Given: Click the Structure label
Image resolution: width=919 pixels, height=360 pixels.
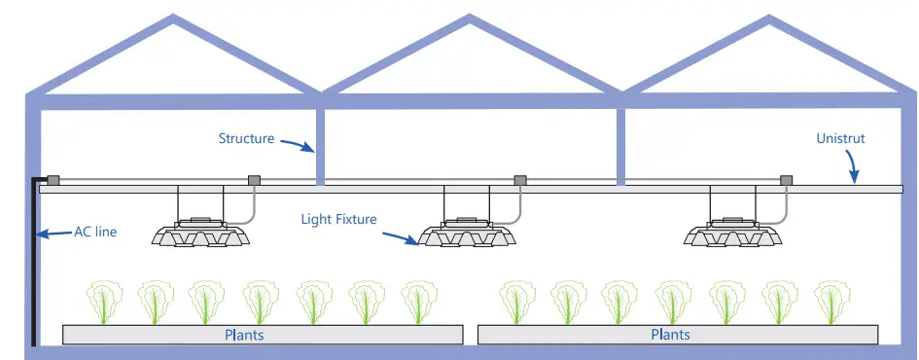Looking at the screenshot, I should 246,138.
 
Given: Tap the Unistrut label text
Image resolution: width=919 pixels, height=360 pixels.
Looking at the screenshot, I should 840,139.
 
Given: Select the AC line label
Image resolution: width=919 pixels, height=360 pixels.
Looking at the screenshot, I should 95,233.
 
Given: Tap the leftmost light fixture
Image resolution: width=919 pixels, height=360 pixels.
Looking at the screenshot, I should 200,233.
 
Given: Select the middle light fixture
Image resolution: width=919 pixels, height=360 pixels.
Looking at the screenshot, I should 467,234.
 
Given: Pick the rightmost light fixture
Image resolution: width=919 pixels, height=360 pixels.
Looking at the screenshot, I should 732,234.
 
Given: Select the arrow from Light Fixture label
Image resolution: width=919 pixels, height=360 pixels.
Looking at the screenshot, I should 398,235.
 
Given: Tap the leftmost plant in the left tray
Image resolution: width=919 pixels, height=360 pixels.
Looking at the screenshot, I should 103,302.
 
